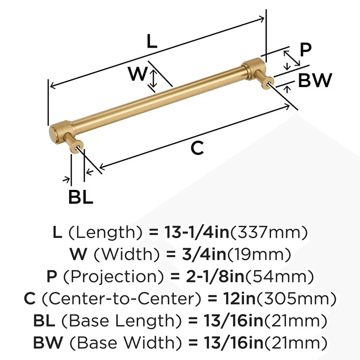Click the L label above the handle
[x=152, y=42]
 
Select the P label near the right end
[x=305, y=50]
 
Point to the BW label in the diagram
[x=315, y=81]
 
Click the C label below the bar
[x=197, y=148]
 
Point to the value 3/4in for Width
[x=202, y=255]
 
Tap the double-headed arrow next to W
[x=153, y=80]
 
